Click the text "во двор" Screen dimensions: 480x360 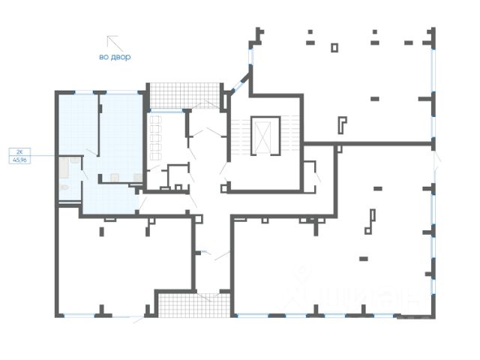pos(115,56)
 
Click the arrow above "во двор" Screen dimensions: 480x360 pos(112,42)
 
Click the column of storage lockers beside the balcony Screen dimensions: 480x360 pos(156,134)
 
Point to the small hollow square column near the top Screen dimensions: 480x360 pos(334,47)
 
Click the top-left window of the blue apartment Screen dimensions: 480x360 pos(76,92)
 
